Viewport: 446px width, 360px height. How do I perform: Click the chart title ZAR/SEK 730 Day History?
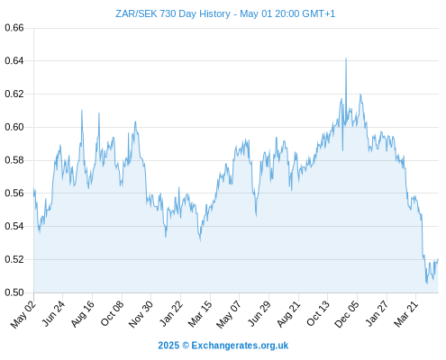(x=173, y=13)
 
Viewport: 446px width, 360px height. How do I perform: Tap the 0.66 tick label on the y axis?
(x=14, y=28)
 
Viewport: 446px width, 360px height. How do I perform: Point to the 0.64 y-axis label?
(x=14, y=61)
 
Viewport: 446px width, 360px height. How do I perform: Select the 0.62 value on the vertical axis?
(x=14, y=94)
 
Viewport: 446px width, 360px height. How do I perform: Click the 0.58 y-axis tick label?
(x=14, y=160)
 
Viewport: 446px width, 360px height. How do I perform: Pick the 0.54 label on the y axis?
(x=14, y=226)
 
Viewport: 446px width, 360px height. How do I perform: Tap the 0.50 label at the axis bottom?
(x=14, y=292)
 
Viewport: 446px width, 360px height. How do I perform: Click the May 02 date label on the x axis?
(x=23, y=314)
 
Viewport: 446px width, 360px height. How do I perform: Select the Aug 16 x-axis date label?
(x=82, y=314)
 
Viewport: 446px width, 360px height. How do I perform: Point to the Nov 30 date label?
(x=141, y=314)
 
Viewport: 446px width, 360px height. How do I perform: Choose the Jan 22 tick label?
(x=171, y=314)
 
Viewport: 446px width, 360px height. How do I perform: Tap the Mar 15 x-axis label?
(x=200, y=314)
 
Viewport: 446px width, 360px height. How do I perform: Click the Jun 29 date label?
(x=259, y=314)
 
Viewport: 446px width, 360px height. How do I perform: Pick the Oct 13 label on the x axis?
(x=318, y=314)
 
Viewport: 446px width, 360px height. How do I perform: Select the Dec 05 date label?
(x=347, y=314)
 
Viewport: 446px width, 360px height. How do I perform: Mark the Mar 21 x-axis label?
(x=406, y=314)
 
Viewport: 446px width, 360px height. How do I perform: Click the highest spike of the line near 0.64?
(x=346, y=58)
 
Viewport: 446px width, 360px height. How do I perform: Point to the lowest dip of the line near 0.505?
(x=427, y=283)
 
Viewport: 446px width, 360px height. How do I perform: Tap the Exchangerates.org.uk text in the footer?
(x=240, y=346)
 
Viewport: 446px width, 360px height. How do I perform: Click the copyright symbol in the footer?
(x=186, y=346)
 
